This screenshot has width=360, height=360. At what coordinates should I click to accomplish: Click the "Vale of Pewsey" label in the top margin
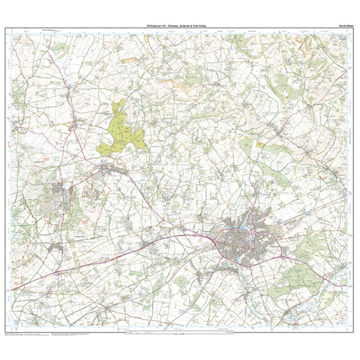pos(50,30)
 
